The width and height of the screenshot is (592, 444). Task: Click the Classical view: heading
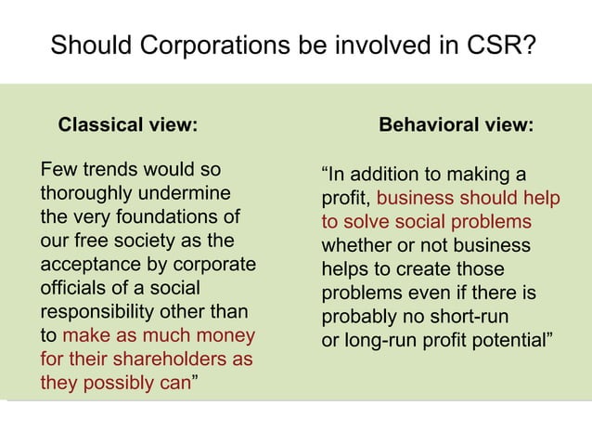(128, 124)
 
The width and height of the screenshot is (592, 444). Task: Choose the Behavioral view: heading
(457, 124)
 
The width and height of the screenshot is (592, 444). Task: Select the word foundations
(166, 218)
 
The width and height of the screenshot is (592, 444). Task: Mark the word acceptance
(89, 266)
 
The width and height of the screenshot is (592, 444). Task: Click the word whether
(356, 246)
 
